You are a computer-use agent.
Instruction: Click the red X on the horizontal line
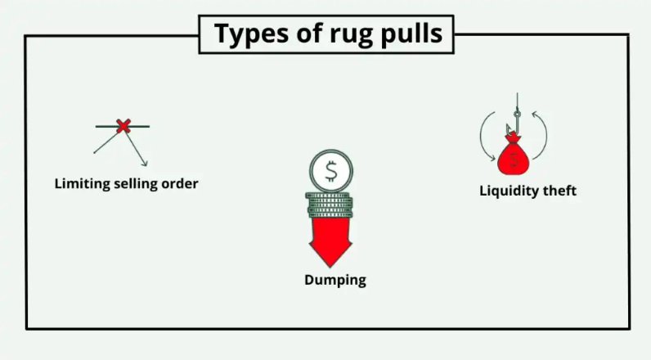point(123,126)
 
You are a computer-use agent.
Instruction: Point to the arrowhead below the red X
point(144,163)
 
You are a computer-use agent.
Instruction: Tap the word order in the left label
point(181,183)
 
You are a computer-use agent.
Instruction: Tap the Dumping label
point(335,280)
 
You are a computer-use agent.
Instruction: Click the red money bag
point(513,157)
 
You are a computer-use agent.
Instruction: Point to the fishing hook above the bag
point(513,123)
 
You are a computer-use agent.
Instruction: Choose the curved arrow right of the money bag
point(540,135)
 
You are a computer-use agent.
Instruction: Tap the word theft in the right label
point(560,191)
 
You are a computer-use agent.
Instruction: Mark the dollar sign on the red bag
point(513,160)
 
